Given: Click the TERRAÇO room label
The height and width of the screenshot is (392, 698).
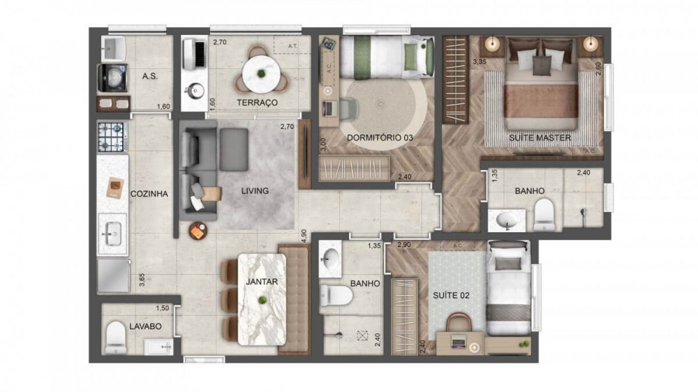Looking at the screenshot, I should tap(258, 103).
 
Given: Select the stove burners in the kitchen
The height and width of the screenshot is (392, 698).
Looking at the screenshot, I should tap(112, 137).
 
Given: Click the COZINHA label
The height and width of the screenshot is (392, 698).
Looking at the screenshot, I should tap(149, 194).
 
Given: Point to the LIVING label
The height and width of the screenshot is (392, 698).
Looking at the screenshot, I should tap(255, 190).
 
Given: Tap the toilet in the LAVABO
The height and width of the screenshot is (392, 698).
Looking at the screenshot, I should tap(116, 338).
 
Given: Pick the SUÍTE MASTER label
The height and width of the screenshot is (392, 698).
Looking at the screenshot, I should tap(540, 138).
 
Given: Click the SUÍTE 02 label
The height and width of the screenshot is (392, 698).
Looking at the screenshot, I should tap(450, 295).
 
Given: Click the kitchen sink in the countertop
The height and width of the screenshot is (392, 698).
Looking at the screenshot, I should tap(112, 234).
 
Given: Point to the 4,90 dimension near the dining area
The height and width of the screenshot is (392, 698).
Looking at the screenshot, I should tap(304, 234).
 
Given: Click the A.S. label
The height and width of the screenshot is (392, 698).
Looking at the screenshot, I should tap(149, 75).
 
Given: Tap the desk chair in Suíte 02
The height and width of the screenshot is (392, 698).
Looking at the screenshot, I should tap(459, 324).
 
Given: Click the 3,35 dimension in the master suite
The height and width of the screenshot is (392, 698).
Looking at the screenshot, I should tap(480, 62).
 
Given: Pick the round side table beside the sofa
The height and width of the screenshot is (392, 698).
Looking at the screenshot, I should tap(198, 231).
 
